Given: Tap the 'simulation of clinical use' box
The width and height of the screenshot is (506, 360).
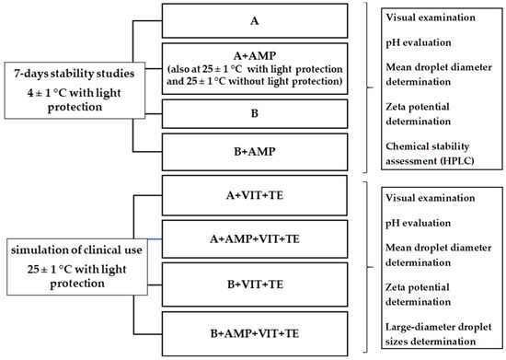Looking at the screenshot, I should tap(70, 262).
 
